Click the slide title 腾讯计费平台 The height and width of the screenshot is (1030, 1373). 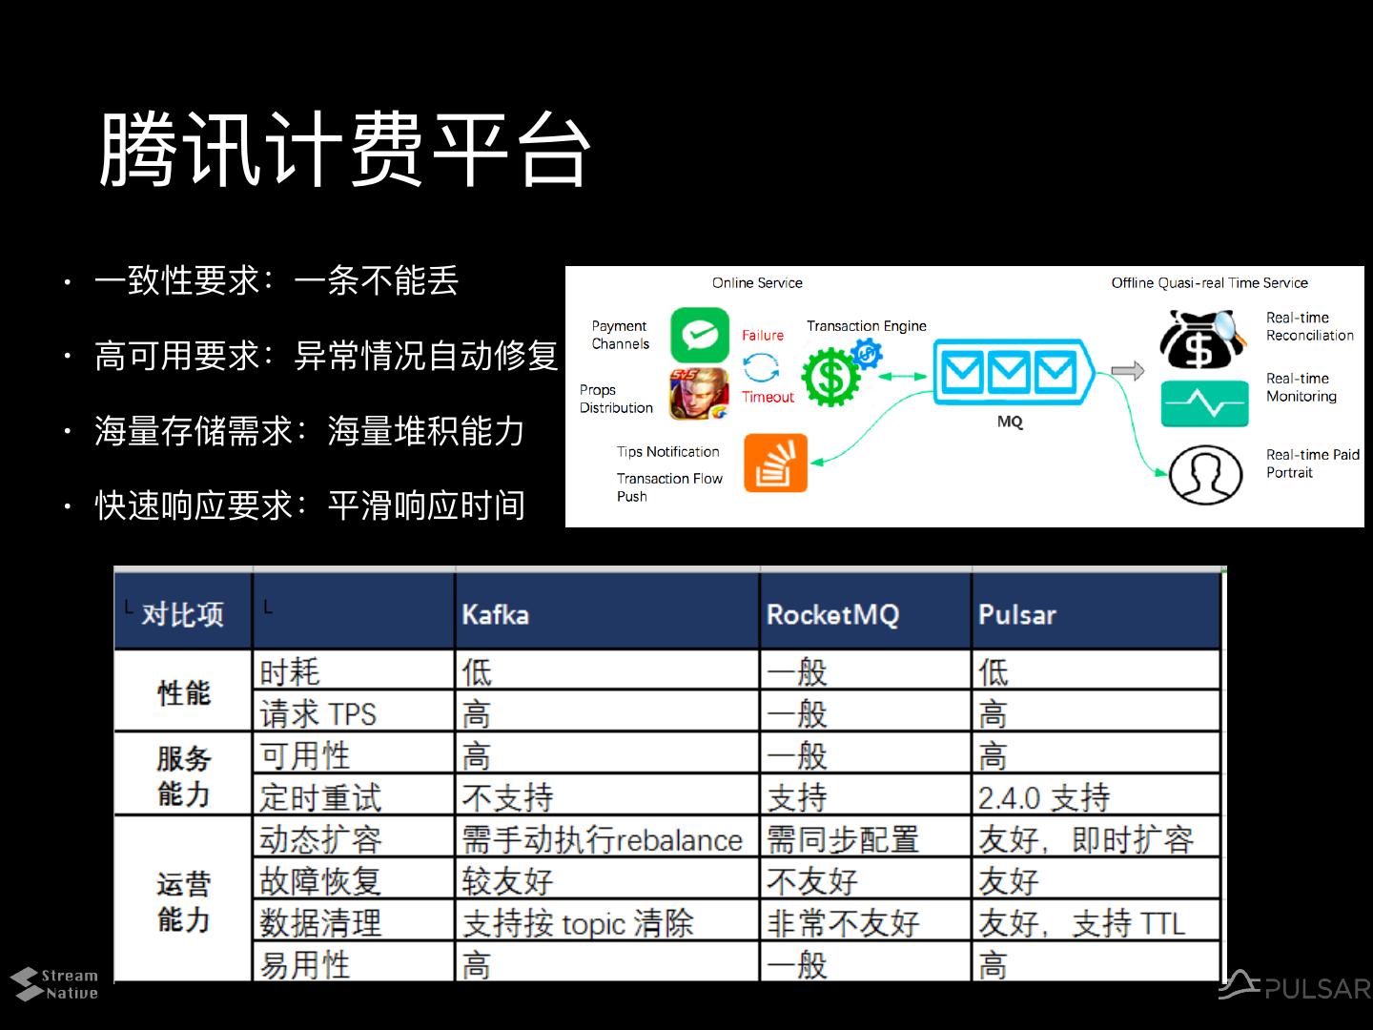point(345,150)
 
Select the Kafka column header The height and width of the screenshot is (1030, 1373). point(495,614)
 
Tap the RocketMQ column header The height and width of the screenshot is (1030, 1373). point(832,614)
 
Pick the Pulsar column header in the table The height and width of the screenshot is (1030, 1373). point(1016,614)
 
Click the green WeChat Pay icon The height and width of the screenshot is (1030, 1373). point(699,335)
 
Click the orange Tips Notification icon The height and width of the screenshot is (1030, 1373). point(775,463)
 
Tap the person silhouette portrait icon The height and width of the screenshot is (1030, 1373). point(1206,474)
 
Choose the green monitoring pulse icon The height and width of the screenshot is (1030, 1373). point(1204,403)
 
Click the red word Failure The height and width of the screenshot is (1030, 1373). point(763,336)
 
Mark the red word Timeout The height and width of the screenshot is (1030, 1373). point(768,397)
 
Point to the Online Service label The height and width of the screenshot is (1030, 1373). point(757,283)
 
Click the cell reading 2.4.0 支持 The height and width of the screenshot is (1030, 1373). point(1044,797)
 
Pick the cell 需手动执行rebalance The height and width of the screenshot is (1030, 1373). point(602,839)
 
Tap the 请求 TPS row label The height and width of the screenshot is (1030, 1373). point(318,713)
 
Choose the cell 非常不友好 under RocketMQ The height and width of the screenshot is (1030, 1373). point(843,922)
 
